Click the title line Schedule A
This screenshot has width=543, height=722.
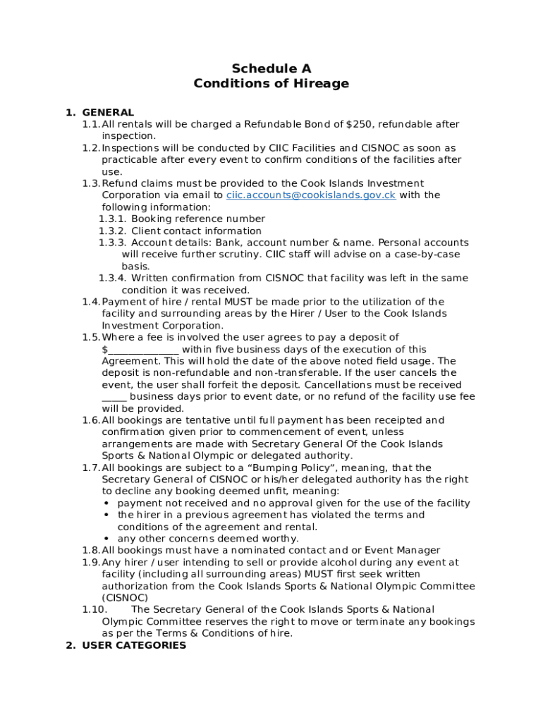[271, 68]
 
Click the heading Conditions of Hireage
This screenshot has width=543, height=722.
[271, 84]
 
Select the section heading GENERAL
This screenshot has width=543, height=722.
[108, 112]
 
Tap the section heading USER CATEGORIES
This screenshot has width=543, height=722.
[134, 645]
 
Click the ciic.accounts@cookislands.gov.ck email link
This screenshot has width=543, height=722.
[310, 195]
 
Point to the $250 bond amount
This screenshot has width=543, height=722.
[359, 124]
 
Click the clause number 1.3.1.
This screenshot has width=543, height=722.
[111, 219]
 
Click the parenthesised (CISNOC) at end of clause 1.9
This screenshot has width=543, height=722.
[125, 598]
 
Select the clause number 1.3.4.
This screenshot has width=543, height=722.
[111, 278]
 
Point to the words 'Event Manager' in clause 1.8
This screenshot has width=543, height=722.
[403, 551]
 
